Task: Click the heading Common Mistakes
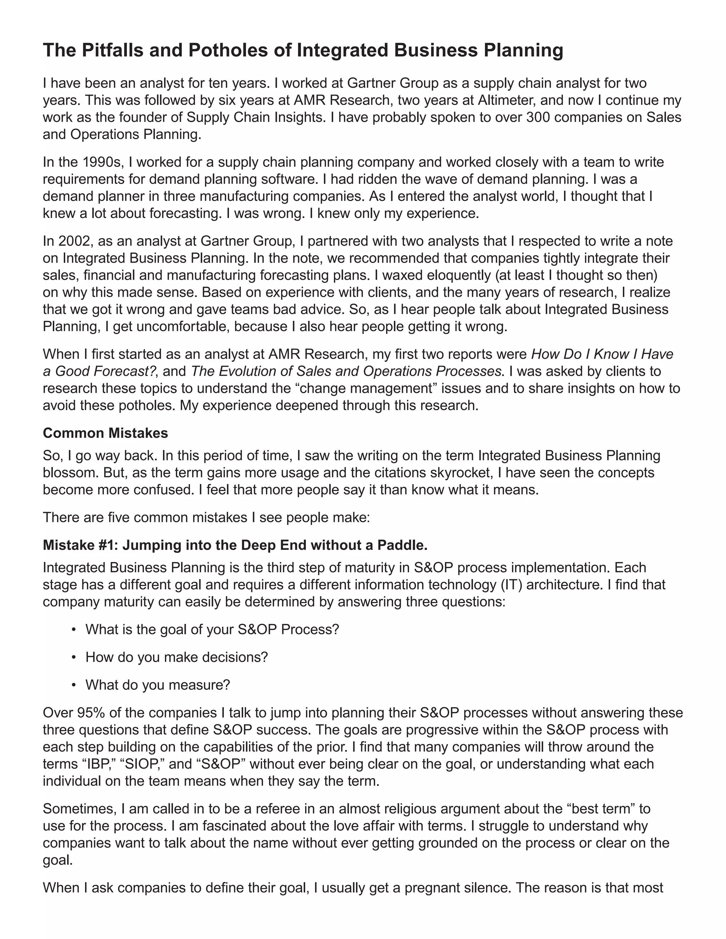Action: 105,433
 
